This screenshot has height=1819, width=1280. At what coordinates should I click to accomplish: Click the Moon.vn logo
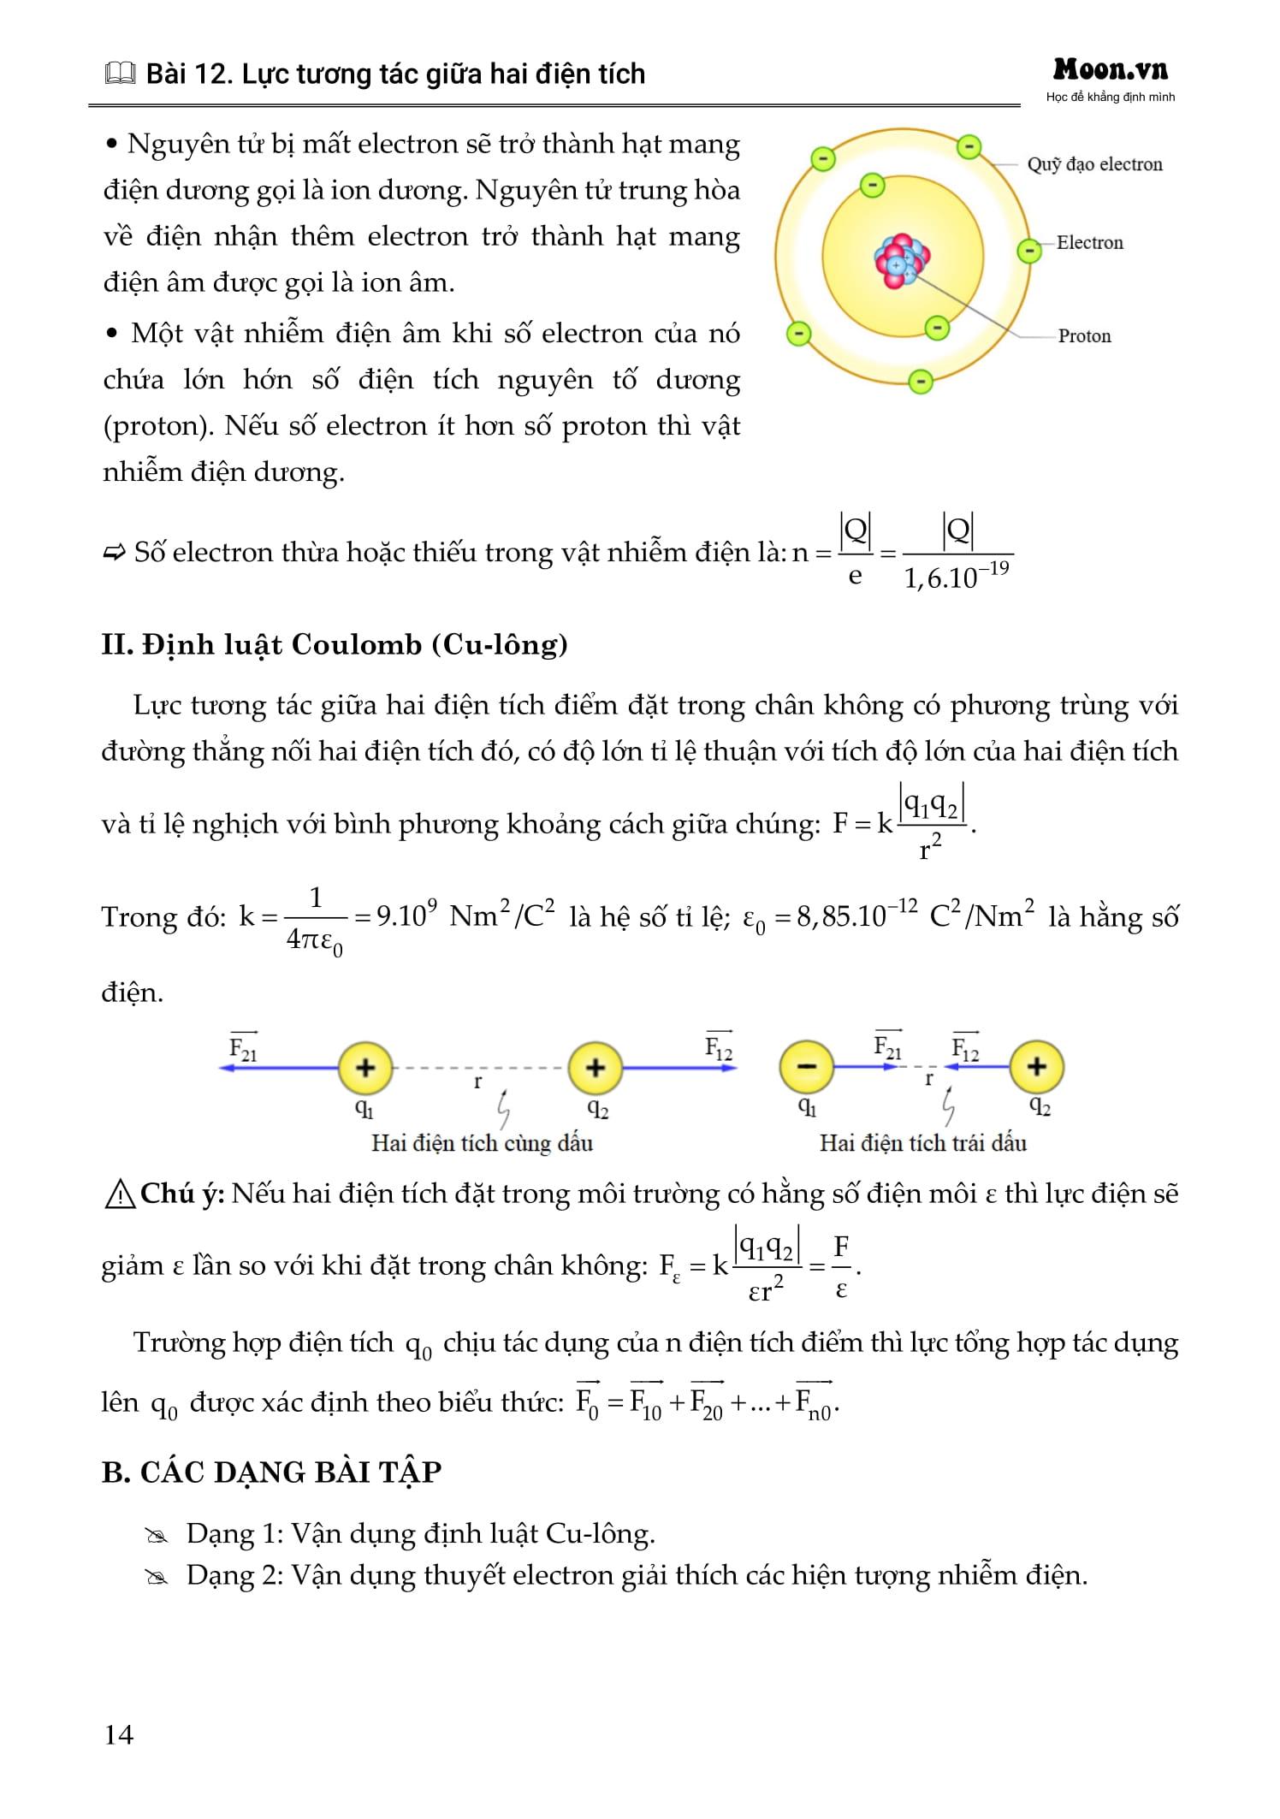pyautogui.click(x=1110, y=69)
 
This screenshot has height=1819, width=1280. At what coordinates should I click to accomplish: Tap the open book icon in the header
pyautogui.click(x=120, y=75)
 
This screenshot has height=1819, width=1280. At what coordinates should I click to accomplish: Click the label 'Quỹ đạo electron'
pyautogui.click(x=1094, y=164)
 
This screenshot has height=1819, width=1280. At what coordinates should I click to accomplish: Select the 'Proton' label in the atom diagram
pyautogui.click(x=1084, y=336)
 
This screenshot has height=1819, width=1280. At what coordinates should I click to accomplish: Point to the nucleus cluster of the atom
pyautogui.click(x=902, y=259)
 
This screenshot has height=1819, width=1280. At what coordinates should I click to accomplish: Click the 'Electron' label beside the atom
pyautogui.click(x=1089, y=243)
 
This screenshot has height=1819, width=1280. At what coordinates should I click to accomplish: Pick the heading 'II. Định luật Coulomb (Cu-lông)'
pyautogui.click(x=335, y=644)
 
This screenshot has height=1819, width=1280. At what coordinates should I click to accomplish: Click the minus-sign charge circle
pyautogui.click(x=806, y=1067)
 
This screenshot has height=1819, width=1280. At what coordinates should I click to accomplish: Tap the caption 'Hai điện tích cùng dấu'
pyautogui.click(x=482, y=1143)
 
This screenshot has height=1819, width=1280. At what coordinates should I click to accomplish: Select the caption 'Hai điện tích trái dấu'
pyautogui.click(x=922, y=1143)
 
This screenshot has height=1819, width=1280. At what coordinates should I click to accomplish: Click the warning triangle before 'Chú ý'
pyautogui.click(x=119, y=1194)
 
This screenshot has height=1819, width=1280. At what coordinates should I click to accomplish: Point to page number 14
pyautogui.click(x=119, y=1734)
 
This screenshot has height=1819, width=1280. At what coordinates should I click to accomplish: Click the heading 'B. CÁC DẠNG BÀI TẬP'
pyautogui.click(x=271, y=1472)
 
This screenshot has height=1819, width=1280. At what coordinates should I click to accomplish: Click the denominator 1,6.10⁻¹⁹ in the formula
pyautogui.click(x=957, y=577)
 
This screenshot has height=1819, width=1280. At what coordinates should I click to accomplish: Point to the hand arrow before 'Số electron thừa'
pyautogui.click(x=114, y=553)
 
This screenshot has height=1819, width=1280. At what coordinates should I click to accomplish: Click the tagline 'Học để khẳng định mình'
pyautogui.click(x=1110, y=98)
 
